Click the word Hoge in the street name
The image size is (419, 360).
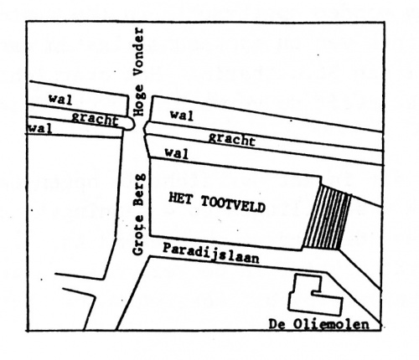pos(140,103)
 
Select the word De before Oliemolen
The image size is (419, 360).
pos(278,322)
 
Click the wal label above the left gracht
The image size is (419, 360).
pos(59,99)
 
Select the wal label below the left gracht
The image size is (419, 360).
pos(38,128)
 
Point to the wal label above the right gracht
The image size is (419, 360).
pos(182,114)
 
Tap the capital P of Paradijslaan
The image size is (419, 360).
pos(167,249)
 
